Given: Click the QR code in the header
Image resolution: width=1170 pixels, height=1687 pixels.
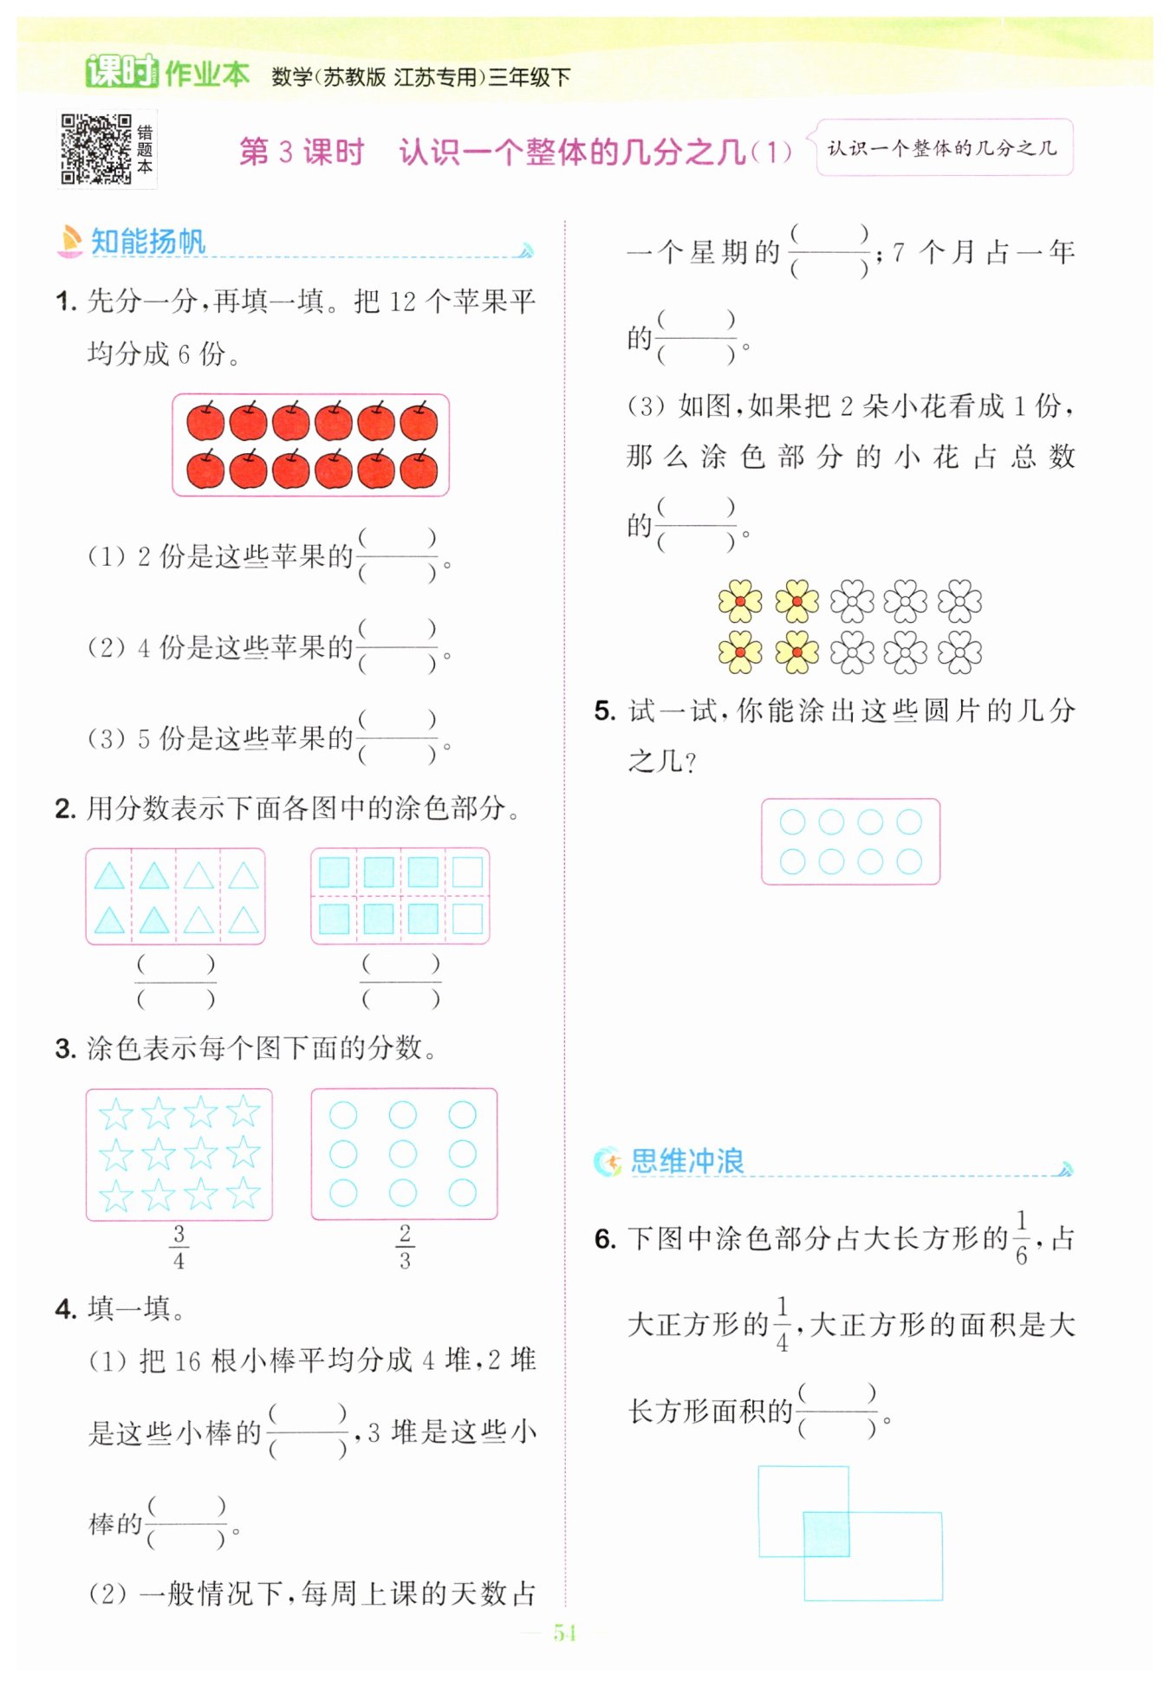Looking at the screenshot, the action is click(95, 149).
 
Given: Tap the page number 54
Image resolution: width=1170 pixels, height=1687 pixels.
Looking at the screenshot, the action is click(564, 1632).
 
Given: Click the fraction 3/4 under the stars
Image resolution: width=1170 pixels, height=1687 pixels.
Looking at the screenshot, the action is click(179, 1246).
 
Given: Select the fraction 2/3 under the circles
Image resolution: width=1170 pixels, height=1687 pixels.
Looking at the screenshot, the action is click(405, 1246).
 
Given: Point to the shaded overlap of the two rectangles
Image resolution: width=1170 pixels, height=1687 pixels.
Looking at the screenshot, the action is click(826, 1534).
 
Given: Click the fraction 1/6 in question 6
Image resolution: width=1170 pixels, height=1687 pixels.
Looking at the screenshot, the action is click(1021, 1237).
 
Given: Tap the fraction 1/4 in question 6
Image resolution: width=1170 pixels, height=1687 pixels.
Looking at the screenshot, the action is click(782, 1323).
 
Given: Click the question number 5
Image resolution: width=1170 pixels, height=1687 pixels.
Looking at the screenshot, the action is click(604, 711).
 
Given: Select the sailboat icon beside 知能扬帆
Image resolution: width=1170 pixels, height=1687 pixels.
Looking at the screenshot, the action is click(69, 241).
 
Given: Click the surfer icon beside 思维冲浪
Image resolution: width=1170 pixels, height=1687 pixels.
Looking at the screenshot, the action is click(608, 1161).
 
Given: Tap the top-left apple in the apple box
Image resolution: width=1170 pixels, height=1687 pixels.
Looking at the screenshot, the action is click(205, 421).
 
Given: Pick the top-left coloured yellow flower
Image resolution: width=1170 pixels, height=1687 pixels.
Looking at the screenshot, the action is click(740, 600).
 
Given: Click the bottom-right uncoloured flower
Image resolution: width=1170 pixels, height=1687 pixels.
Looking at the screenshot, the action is click(959, 652).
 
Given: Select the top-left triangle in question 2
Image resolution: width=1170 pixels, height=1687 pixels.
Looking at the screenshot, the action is click(109, 876).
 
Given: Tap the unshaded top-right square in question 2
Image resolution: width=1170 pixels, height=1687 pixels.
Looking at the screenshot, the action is click(468, 872).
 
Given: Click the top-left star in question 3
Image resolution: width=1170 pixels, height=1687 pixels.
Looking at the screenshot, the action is click(116, 1113).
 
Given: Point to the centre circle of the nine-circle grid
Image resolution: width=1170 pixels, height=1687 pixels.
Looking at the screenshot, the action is click(403, 1153).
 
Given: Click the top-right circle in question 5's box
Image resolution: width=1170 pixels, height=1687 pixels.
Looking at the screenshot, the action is click(909, 821).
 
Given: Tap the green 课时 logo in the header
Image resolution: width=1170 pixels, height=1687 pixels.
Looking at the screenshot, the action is click(121, 72).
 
